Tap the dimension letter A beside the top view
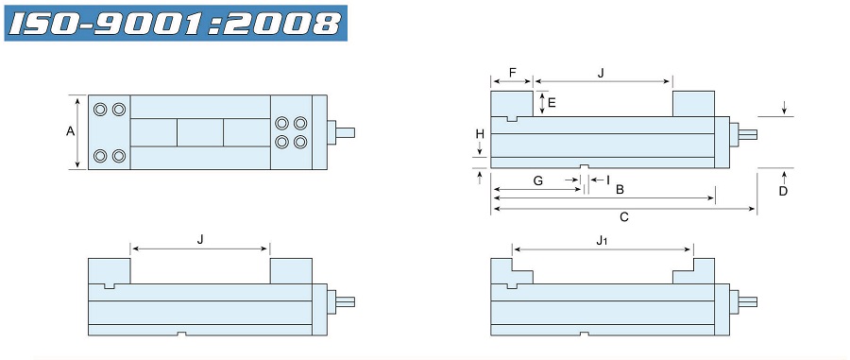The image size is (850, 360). click(x=70, y=132)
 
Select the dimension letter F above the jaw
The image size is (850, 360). click(x=512, y=73)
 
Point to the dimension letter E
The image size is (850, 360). click(x=552, y=102)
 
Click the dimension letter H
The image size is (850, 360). click(x=480, y=134)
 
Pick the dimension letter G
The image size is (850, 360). click(x=537, y=180)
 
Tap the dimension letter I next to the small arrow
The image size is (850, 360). click(x=607, y=180)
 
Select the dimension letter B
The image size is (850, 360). click(x=620, y=190)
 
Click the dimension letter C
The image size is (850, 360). click(x=623, y=217)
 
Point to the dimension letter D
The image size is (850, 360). click(x=783, y=191)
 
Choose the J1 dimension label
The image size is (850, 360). click(x=602, y=241)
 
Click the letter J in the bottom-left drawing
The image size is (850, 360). click(x=200, y=240)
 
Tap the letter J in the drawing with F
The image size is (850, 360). click(x=602, y=73)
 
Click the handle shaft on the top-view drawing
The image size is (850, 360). click(x=346, y=132)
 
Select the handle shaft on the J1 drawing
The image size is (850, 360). click(x=747, y=301)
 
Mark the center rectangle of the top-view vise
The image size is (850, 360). click(x=200, y=132)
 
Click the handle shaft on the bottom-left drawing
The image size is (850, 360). click(x=346, y=301)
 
